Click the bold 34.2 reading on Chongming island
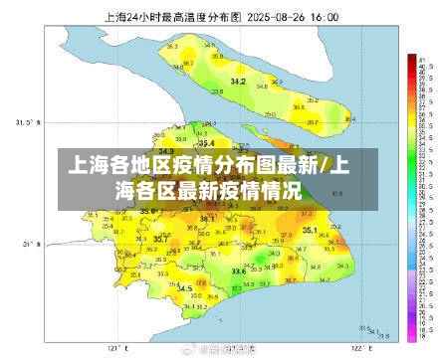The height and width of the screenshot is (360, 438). (238, 81)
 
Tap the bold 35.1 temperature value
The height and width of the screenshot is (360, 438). (310, 231)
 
